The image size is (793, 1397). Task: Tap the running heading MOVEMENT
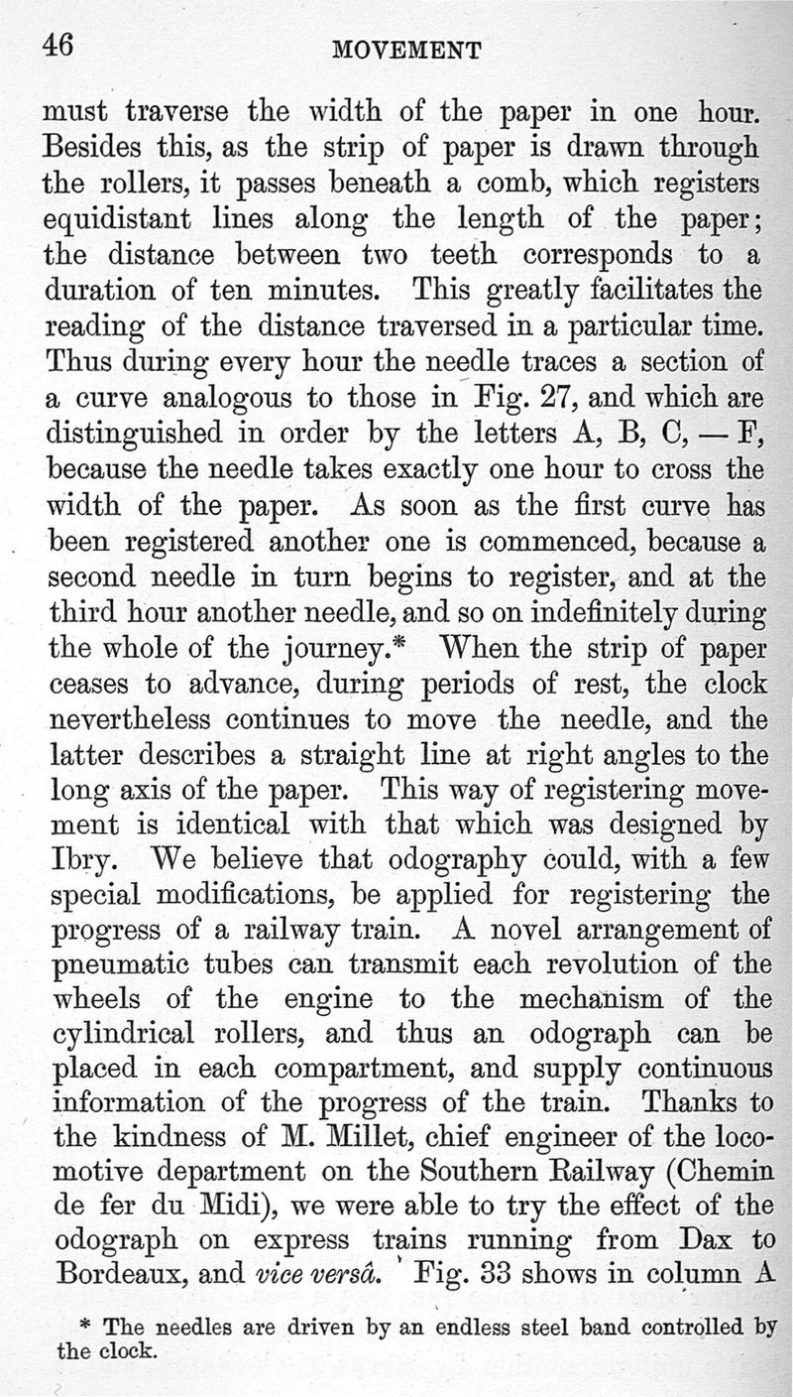click(x=408, y=50)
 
